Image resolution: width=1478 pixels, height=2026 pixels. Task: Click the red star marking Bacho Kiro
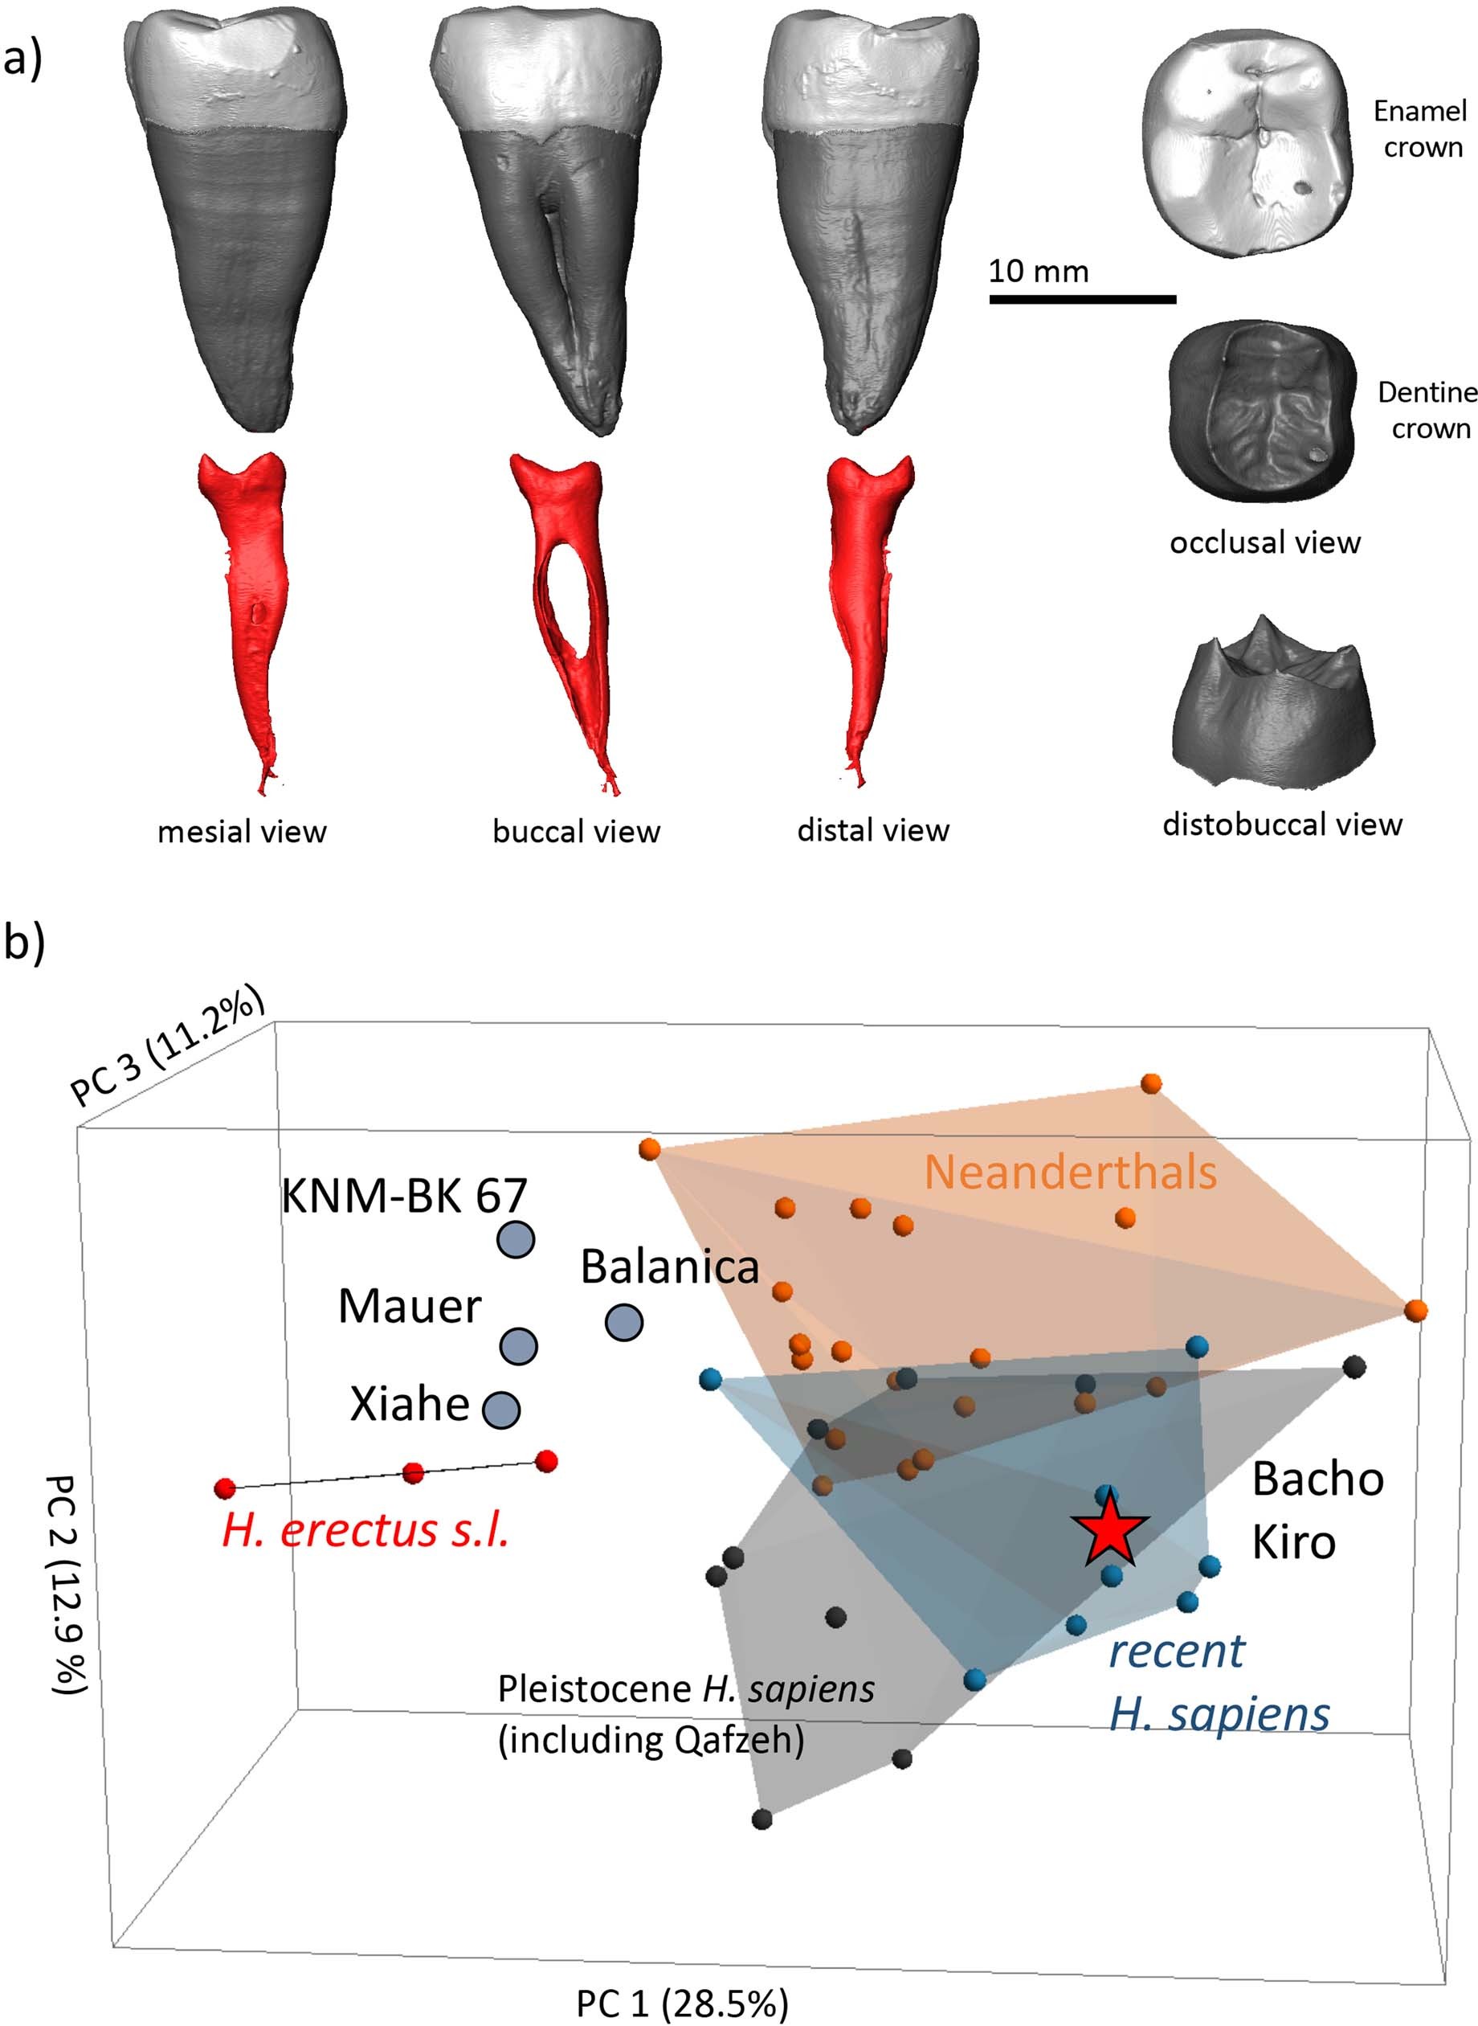1108,1530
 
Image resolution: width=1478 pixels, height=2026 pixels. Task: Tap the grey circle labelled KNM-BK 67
516,1240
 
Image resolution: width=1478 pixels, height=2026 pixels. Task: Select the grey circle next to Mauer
517,1346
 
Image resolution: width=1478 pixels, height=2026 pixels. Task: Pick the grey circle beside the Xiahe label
501,1409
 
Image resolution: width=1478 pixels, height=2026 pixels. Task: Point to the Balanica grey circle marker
623,1322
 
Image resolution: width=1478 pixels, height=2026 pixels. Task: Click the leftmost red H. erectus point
225,1488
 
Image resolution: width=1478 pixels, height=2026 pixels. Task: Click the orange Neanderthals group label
1070,1172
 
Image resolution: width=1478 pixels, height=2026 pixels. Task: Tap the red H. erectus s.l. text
365,1530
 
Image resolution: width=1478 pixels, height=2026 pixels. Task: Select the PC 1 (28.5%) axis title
682,2003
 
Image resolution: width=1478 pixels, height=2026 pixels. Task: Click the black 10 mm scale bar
1082,299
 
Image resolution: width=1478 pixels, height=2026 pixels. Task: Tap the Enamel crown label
1420,129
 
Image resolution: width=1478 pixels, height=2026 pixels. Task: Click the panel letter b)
24,943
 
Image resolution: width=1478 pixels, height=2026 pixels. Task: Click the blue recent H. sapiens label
1219,1684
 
